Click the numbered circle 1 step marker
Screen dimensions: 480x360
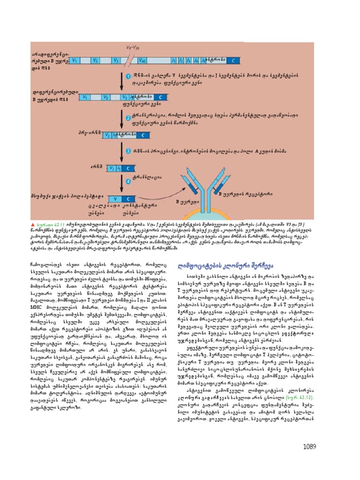[128, 75]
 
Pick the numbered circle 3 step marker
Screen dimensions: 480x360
[128, 150]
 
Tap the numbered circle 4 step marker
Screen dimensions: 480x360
[128, 177]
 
